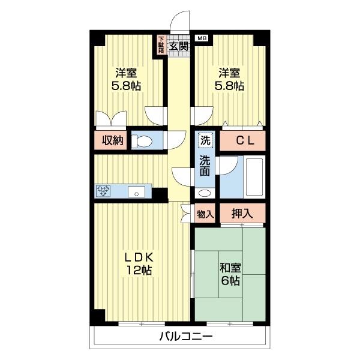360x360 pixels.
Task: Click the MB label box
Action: (x=202, y=38)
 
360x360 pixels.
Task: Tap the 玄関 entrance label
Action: (x=179, y=46)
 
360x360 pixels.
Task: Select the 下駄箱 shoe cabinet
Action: (x=161, y=45)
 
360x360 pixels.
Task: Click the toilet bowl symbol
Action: (x=142, y=140)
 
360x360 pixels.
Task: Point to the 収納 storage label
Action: (x=113, y=140)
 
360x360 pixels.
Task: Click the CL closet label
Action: (x=245, y=141)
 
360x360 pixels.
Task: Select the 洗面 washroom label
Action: (x=205, y=166)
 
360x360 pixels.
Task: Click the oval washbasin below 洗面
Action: (x=205, y=193)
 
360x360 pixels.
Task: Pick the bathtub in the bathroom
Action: (x=254, y=177)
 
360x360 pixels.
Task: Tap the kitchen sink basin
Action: (x=136, y=191)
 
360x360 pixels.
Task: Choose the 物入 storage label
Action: (x=205, y=214)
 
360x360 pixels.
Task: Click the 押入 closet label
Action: (x=242, y=214)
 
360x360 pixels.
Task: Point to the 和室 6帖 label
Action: (x=230, y=274)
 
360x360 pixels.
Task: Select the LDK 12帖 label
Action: (x=139, y=264)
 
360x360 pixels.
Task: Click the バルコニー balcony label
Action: (x=186, y=337)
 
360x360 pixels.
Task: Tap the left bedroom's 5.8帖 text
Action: (x=126, y=86)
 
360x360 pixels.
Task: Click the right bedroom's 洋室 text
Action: (x=229, y=73)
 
